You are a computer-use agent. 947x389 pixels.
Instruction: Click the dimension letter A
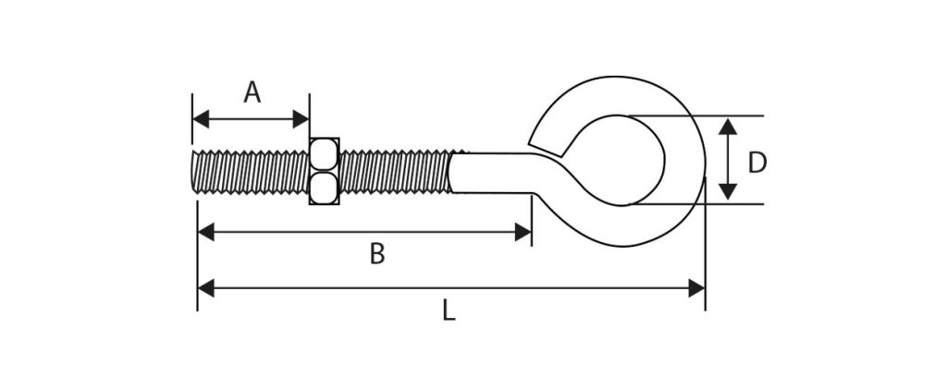point(252,92)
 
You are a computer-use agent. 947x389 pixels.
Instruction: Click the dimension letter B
point(377,254)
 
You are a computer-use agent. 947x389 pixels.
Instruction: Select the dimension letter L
point(449,310)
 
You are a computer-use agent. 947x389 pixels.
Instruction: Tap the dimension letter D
point(757,163)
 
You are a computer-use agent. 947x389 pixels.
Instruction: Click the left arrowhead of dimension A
point(201,119)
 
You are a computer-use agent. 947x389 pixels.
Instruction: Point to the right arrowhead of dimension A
point(301,119)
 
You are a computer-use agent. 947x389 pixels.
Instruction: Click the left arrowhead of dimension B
point(206,232)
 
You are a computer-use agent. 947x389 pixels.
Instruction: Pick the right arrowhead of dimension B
point(523,232)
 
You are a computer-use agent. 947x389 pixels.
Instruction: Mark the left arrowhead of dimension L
point(206,288)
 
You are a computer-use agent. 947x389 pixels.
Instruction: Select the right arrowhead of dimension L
point(696,288)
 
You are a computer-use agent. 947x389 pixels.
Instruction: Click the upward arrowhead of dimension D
point(728,126)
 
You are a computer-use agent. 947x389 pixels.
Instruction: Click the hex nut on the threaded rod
point(325,171)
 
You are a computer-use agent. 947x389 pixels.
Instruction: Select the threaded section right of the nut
point(396,172)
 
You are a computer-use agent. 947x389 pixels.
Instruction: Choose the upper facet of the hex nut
point(325,154)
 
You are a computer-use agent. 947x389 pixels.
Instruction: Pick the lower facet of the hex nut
point(325,188)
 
